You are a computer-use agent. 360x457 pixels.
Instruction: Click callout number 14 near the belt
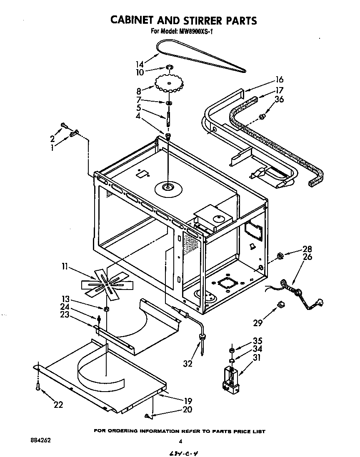(x=140, y=64)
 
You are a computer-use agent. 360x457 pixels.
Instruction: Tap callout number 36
(x=279, y=100)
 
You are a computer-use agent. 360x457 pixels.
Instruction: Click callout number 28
(x=308, y=250)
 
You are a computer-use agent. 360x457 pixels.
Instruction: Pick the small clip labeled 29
(x=281, y=305)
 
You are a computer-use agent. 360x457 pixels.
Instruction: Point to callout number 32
(x=188, y=364)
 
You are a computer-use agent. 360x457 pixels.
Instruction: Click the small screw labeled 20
(x=148, y=415)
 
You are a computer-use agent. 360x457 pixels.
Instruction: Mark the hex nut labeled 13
(x=107, y=309)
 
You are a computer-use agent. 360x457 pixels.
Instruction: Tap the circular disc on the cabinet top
(x=169, y=188)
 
